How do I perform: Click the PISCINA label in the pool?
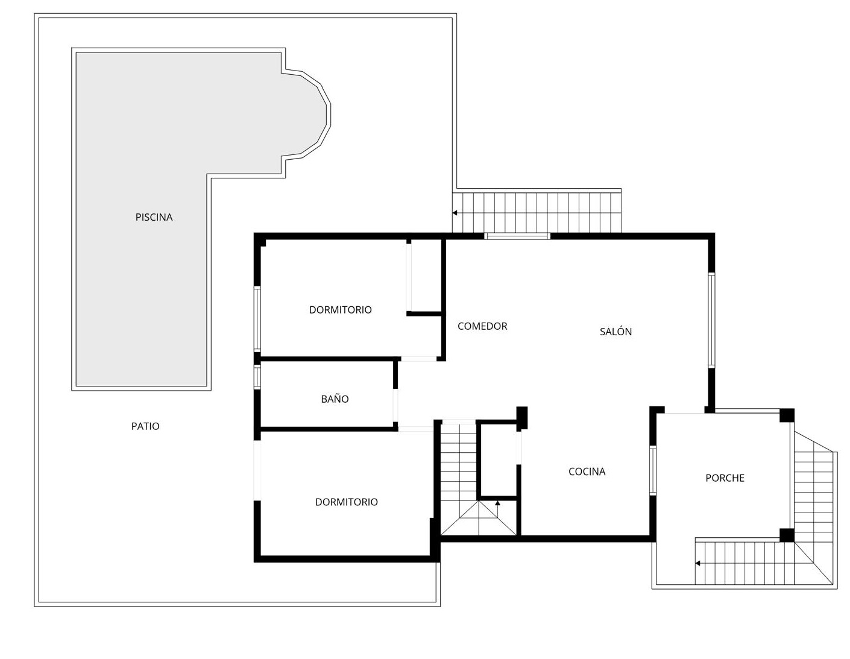tap(154, 217)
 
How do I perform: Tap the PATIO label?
tap(145, 426)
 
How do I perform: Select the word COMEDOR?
tap(482, 326)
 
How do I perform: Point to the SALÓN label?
tap(615, 331)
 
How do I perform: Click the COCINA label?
tap(587, 471)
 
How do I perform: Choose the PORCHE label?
tap(725, 478)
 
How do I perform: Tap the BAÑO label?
tap(335, 399)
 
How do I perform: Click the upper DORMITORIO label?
tap(340, 310)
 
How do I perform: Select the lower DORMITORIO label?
tap(346, 502)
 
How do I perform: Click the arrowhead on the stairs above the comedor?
tap(455, 213)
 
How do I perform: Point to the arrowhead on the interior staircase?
tap(497, 503)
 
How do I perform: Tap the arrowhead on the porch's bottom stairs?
tap(697, 563)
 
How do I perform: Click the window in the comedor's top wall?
tap(517, 236)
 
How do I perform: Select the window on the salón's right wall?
tap(711, 320)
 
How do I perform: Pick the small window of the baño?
tap(257, 377)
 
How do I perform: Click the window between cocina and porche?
tap(653, 470)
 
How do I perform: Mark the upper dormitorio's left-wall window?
tap(257, 319)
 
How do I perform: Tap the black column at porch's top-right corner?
tap(787, 415)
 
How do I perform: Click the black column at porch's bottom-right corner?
tap(787, 535)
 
